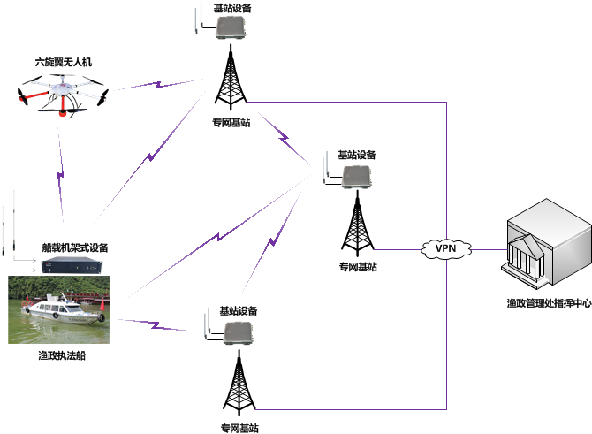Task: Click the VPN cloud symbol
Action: point(444,248)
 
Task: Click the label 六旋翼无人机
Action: point(63,63)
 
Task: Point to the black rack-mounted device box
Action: point(75,265)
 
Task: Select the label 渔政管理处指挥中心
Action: point(548,303)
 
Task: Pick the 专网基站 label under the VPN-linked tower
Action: point(358,266)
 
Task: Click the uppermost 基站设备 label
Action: point(231,8)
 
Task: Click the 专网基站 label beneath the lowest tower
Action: point(239,428)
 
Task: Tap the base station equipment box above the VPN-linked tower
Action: point(358,178)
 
